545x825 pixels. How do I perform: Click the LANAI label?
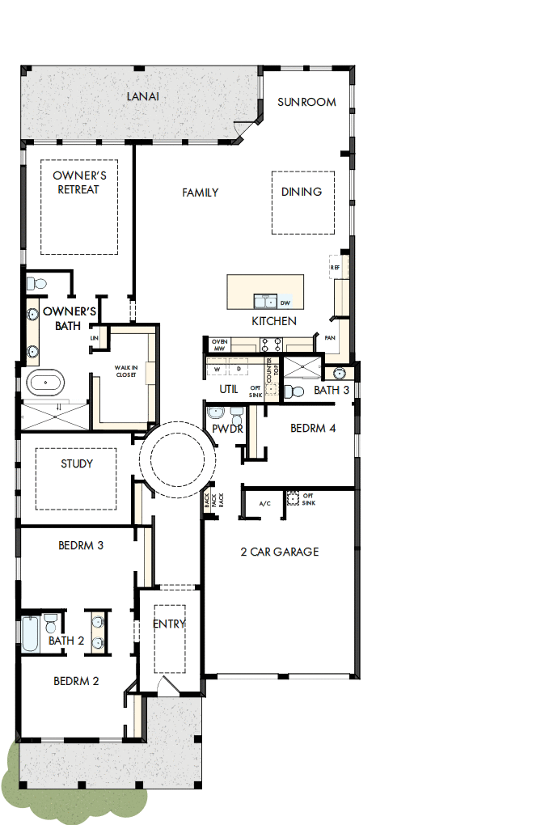[142, 96]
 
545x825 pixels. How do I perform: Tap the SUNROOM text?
[306, 102]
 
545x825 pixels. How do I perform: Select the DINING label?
[302, 192]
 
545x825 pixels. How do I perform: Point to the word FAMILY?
[200, 192]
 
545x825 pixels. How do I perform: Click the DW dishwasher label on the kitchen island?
[285, 303]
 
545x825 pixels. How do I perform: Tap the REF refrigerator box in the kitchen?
[335, 266]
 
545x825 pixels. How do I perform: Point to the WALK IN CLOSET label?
[125, 371]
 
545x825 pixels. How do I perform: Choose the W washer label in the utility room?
[217, 369]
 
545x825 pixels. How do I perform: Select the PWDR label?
[227, 429]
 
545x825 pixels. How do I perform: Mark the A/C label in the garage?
[264, 504]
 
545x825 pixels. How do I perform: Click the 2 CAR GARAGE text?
[279, 552]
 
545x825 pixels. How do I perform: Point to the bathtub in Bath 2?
[29, 634]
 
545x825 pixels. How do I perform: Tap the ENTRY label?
[169, 624]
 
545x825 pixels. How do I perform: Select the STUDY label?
[77, 464]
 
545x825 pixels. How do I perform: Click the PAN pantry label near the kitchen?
[330, 337]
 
